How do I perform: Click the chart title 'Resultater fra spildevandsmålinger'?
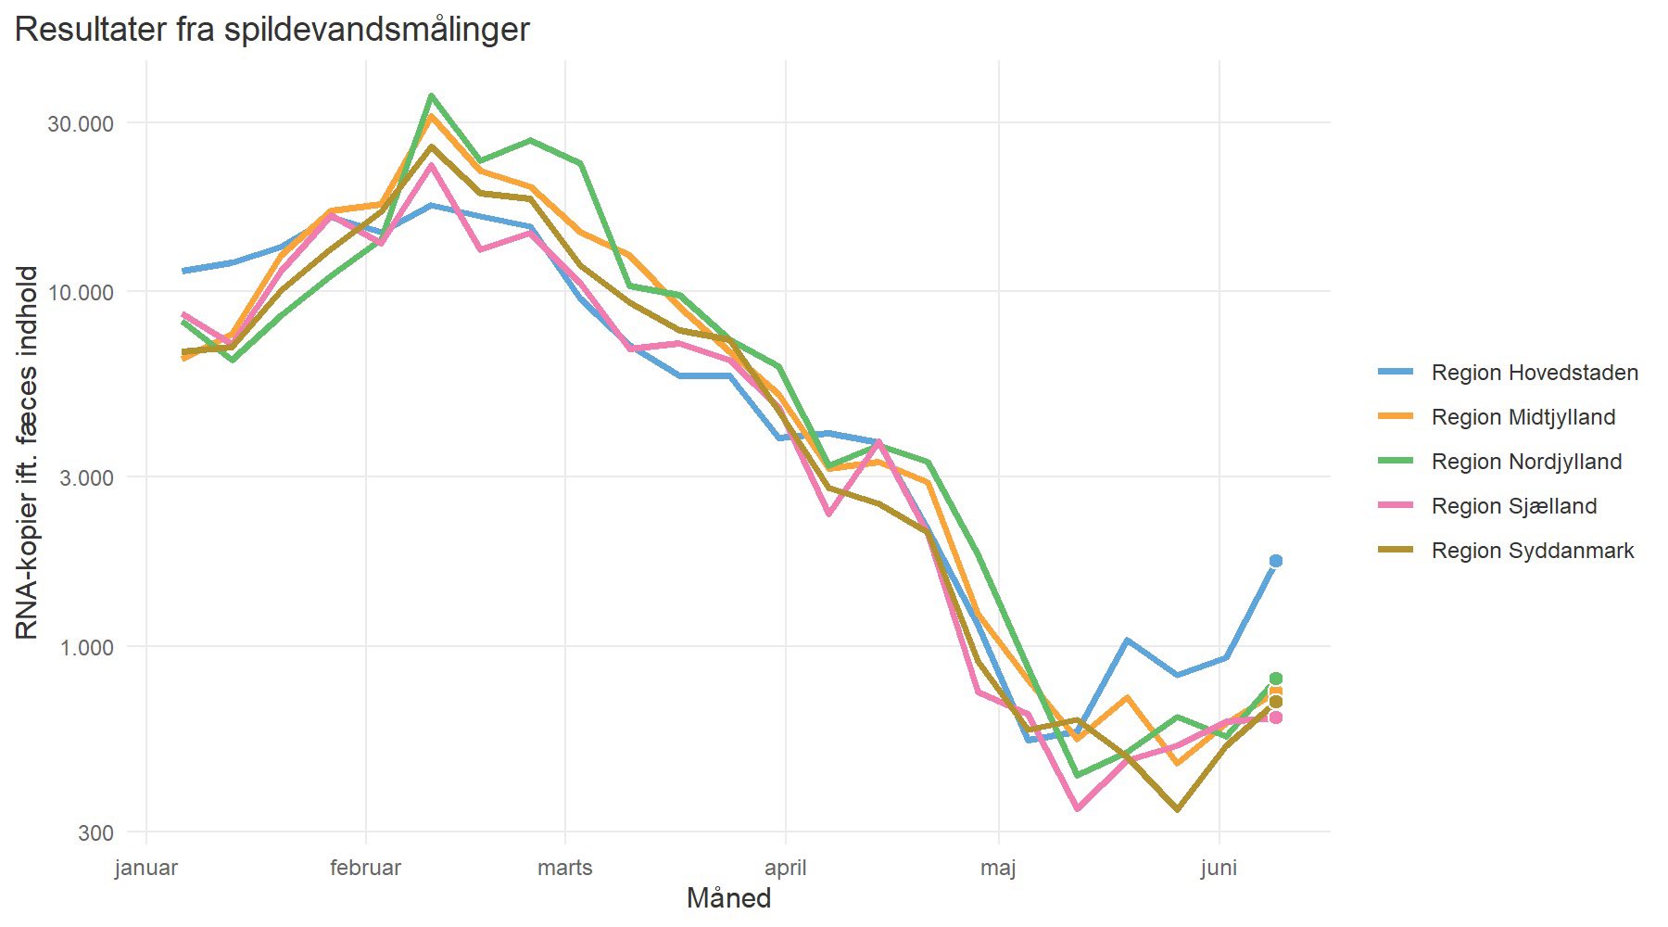tap(272, 30)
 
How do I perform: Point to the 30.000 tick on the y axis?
tap(81, 124)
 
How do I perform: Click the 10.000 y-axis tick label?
tap(81, 293)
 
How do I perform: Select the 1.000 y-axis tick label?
tap(87, 648)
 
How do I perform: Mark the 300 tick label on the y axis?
tap(96, 833)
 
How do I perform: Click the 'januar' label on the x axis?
tap(146, 869)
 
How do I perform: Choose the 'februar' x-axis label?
tap(366, 869)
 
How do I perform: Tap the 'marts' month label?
tap(565, 869)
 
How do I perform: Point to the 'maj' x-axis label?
tap(998, 869)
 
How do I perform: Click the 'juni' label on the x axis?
tap(1219, 869)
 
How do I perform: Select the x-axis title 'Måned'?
tap(728, 898)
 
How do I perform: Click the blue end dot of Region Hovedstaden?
tap(1276, 561)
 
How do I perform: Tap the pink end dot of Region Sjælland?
tap(1276, 717)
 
